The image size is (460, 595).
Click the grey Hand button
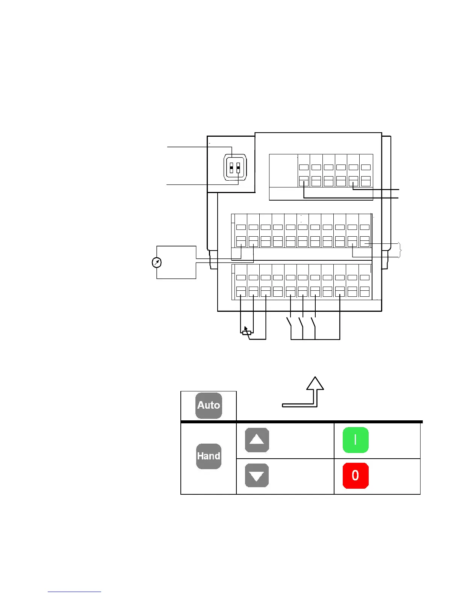209,456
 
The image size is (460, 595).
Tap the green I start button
356,440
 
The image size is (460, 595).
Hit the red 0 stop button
356,476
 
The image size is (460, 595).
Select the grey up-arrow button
257,440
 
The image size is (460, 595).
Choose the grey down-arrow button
257,476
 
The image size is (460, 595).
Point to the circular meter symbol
157,263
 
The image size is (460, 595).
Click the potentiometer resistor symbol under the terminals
247,332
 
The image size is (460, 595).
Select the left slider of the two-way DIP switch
232,168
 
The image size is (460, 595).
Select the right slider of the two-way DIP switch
238,168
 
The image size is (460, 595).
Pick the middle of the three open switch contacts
301,322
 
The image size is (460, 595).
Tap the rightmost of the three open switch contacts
313,322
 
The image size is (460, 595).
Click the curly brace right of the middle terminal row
401,250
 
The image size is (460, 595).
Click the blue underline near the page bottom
74,592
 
